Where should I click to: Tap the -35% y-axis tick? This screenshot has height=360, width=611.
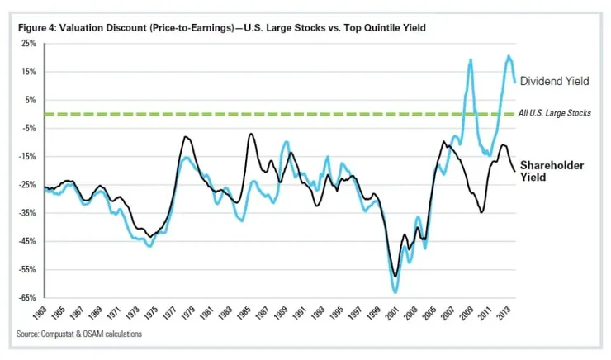point(29,213)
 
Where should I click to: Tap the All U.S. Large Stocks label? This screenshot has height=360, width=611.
point(555,112)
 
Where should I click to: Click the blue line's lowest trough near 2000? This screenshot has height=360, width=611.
point(395,291)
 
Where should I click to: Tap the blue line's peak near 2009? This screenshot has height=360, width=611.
point(471,60)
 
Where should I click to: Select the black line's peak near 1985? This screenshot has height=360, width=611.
point(251,134)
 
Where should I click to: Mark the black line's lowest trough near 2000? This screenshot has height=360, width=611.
point(395,276)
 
